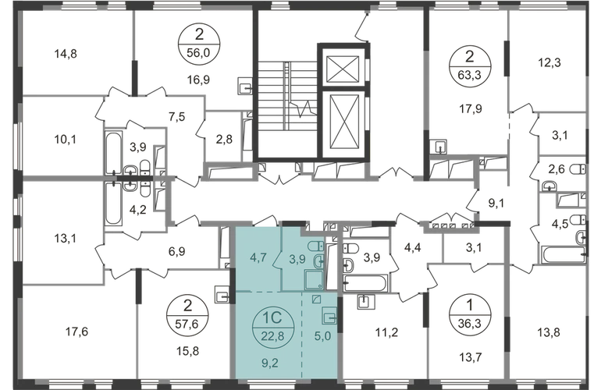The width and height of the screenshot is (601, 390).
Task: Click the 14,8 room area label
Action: [66, 54]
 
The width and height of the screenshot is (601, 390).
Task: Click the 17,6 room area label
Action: [76, 331]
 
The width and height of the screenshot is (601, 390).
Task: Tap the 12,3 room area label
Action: [549, 62]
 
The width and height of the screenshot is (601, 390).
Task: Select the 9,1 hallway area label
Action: [496, 203]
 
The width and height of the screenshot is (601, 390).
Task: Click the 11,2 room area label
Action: [386, 332]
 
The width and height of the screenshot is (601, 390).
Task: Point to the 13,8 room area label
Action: [549, 332]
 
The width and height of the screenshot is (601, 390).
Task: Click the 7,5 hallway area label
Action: [176, 116]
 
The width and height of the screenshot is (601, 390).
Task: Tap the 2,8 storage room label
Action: [224, 138]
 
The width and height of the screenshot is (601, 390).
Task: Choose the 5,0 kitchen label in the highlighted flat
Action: [322, 336]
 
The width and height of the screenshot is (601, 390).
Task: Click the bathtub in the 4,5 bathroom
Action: [562, 255]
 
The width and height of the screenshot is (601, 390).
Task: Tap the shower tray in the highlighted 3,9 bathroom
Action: [315, 279]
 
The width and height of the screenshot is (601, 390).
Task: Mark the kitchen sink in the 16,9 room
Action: [245, 85]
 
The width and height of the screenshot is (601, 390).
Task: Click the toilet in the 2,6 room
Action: [578, 169]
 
